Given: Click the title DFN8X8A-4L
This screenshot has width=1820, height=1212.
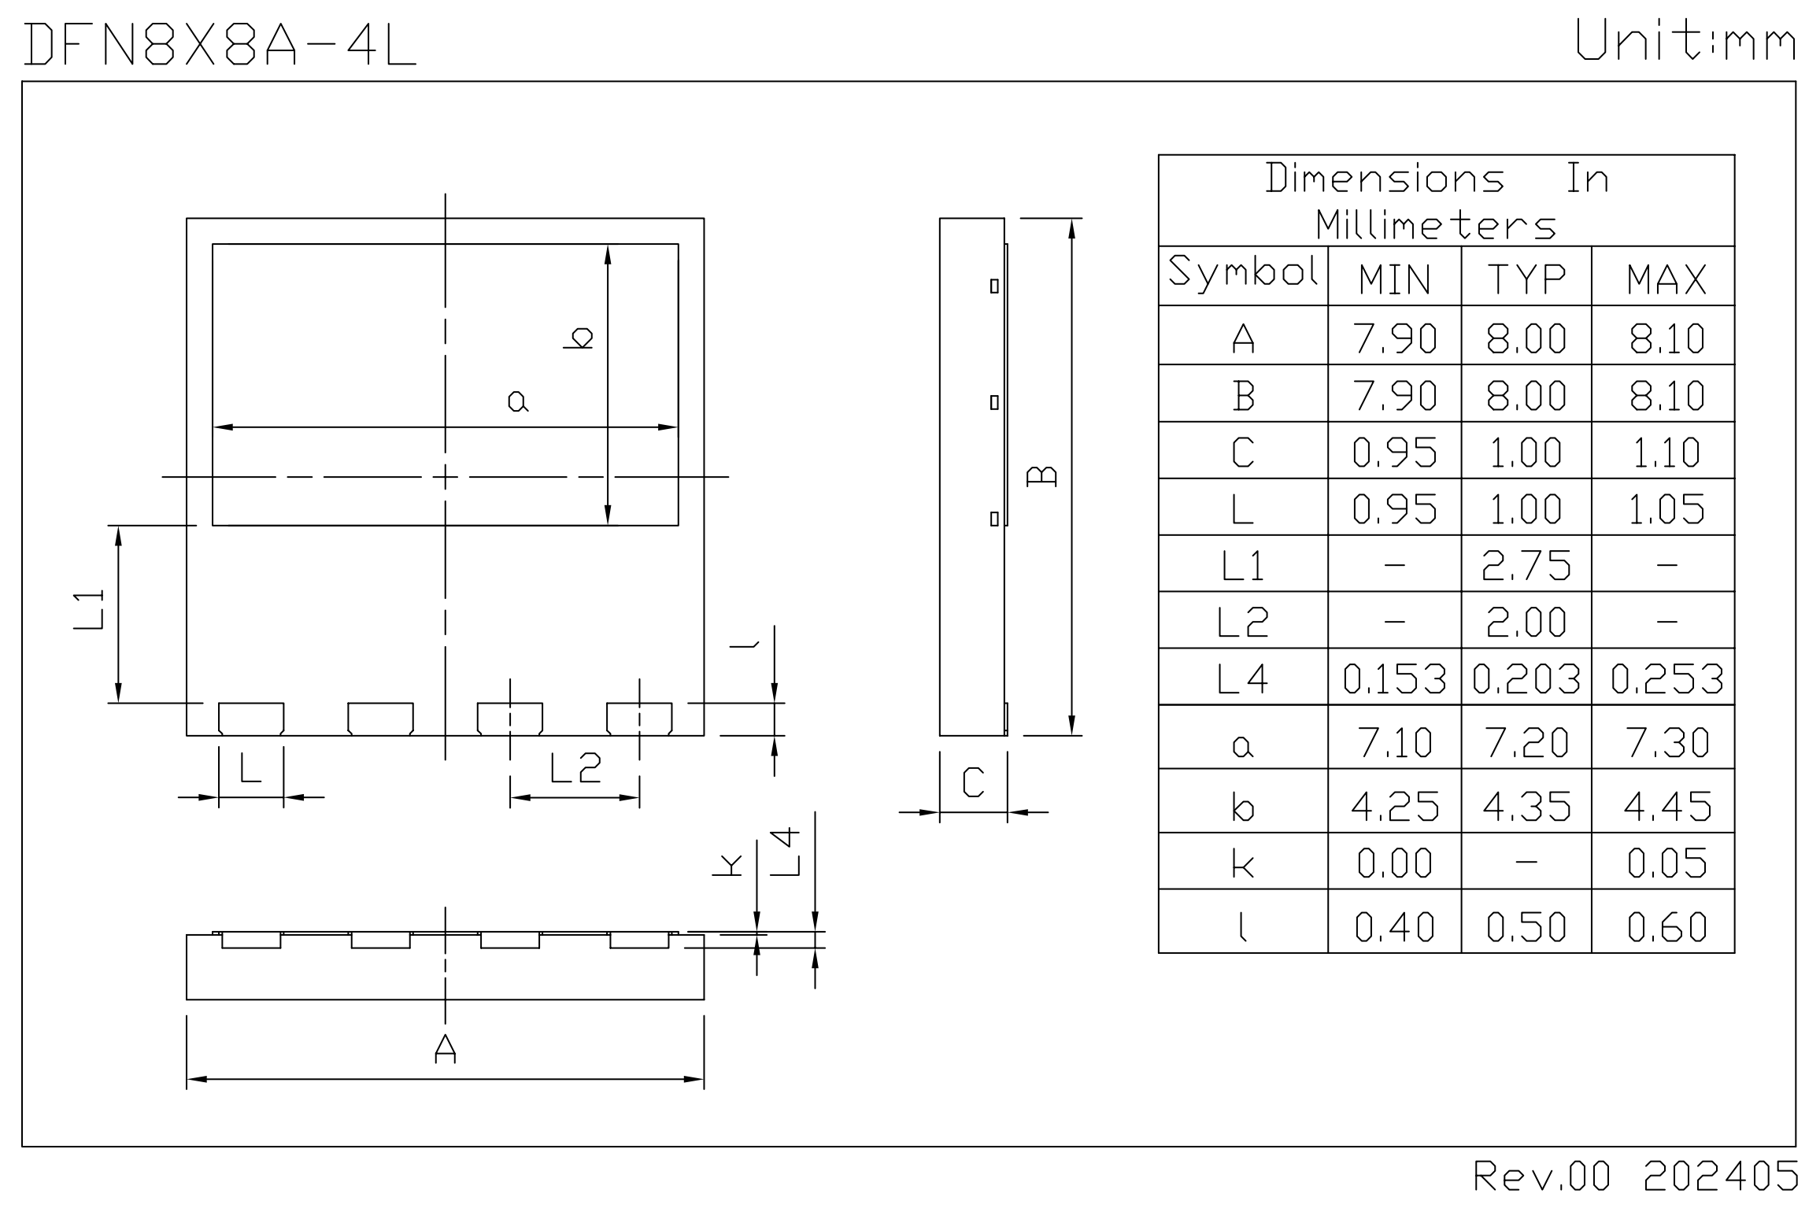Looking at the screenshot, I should pos(220,44).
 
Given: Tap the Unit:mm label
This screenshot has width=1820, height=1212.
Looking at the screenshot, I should pos(1685,41).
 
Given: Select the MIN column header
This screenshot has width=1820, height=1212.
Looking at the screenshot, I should pos(1394,279).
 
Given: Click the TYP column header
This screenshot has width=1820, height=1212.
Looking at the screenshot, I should pos(1526,279).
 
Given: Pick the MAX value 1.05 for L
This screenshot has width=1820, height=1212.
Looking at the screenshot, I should pos(1666,509).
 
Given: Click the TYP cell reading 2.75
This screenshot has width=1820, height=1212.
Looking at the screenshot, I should pos(1526,565).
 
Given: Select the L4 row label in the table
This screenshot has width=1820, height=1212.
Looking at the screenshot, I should pos(1242,678).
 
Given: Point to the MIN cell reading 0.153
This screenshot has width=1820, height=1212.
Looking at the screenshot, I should pos(1394,678).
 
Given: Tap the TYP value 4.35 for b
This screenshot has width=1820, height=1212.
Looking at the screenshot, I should pos(1526,806).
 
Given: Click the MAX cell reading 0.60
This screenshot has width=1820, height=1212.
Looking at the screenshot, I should pos(1666,926).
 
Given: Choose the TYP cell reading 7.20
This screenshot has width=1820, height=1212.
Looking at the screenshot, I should pos(1526,742).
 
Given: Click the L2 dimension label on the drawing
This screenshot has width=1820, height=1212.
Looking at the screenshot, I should pos(575,768).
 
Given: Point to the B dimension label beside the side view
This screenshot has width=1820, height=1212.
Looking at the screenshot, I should pos(1043,476).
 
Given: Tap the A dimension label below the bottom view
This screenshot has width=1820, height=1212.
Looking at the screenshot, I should pos(445,1048).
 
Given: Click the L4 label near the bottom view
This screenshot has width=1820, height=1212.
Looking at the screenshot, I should pos(785,852).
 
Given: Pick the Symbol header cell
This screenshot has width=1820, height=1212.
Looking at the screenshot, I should pos(1242,272).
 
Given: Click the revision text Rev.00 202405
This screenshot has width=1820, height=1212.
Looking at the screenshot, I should pos(1636,1177).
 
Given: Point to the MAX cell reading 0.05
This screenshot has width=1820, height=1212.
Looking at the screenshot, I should pos(1666,863).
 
